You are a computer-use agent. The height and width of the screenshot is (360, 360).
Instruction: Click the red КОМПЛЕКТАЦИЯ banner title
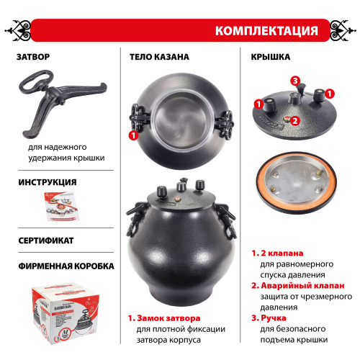(x=266, y=31)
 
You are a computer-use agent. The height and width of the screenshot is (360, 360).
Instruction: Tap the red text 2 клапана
(x=282, y=253)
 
